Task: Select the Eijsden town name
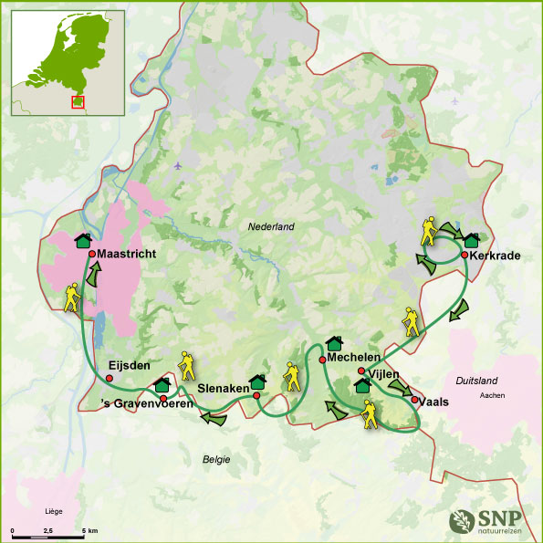pyautogui.click(x=129, y=365)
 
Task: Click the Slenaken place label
pyautogui.click(x=224, y=388)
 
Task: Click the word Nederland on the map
pyautogui.click(x=271, y=226)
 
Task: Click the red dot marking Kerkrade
pyautogui.click(x=465, y=255)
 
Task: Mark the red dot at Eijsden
pyautogui.click(x=110, y=377)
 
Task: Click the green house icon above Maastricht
pyautogui.click(x=83, y=240)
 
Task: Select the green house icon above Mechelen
pyautogui.click(x=333, y=343)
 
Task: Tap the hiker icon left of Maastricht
pyautogui.click(x=72, y=297)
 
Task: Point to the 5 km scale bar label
pyautogui.click(x=89, y=530)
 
